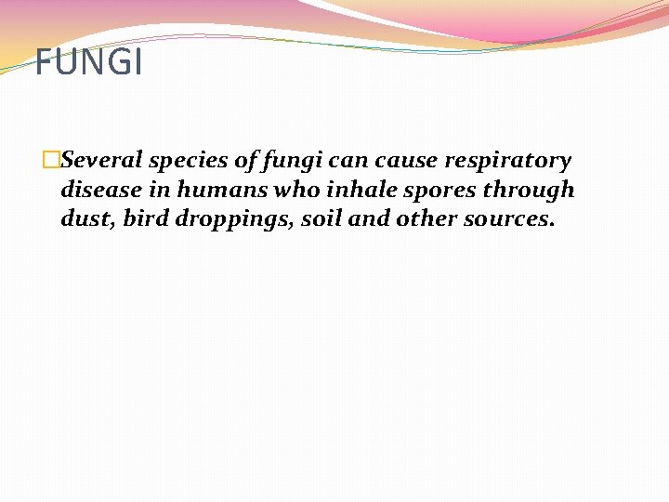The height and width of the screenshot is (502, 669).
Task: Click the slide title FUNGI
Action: coord(89,63)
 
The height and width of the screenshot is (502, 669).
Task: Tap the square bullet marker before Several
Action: coord(52,160)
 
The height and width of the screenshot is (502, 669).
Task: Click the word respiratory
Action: coord(508,161)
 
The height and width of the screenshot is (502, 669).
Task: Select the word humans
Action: coord(210,191)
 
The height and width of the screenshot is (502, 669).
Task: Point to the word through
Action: coord(529,192)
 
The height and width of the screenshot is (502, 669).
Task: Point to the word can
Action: coord(350,160)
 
